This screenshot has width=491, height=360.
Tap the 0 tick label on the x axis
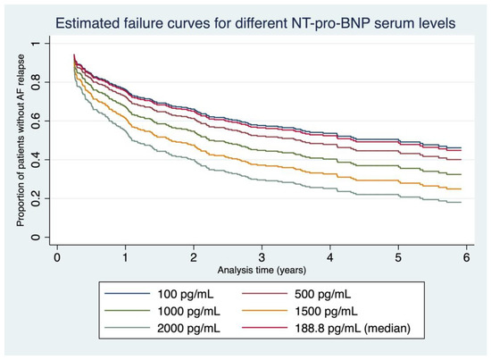pos(57,257)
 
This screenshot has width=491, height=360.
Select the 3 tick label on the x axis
pos(262,257)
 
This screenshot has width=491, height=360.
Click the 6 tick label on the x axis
pos(466,257)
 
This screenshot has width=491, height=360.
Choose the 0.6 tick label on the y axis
pos(33,121)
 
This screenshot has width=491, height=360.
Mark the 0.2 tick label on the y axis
pos(33,198)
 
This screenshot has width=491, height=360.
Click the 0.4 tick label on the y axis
pos(33,160)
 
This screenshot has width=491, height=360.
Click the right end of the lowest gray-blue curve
pos(461,202)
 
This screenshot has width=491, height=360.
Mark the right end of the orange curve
pos(461,188)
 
